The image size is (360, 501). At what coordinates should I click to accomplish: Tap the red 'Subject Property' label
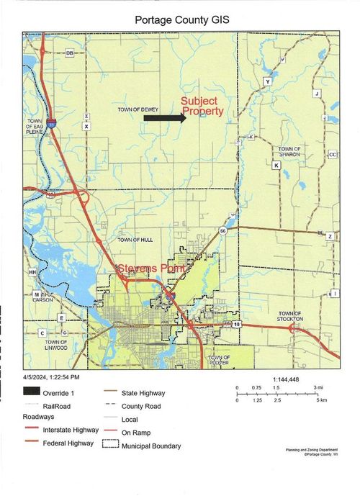202,107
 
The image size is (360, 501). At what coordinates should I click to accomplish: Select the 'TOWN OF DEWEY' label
135,109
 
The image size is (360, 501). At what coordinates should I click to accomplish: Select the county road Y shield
268,82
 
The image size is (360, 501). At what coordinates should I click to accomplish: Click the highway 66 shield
223,230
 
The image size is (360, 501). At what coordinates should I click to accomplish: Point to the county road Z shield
330,236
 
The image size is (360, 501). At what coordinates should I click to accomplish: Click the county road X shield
86,126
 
